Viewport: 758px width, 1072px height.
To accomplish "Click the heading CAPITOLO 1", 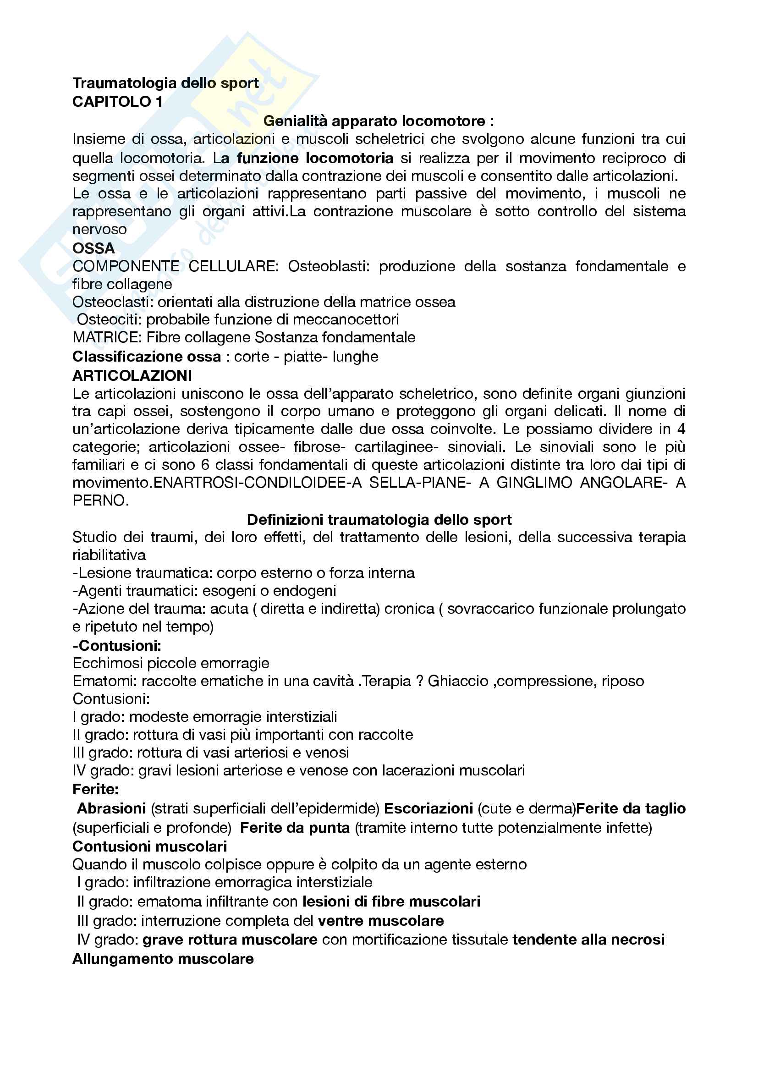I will tap(118, 102).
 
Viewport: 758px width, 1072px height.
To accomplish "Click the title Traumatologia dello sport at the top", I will tap(165, 83).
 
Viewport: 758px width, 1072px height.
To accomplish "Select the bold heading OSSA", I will tap(93, 248).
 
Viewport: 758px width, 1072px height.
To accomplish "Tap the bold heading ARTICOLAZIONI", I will tap(132, 375).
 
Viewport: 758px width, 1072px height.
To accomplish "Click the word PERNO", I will tap(100, 500).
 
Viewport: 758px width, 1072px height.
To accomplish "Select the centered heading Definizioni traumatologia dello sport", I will tap(379, 520).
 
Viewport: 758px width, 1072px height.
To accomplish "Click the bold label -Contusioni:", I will tap(117, 646).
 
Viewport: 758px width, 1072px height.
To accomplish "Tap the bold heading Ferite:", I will tap(95, 789).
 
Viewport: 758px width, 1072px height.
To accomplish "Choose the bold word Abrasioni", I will tap(111, 808).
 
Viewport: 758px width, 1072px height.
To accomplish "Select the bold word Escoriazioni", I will tap(428, 808).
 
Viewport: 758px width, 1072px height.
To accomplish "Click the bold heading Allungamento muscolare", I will tap(163, 959).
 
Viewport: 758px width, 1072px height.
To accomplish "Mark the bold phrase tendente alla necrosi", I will tap(588, 940).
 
